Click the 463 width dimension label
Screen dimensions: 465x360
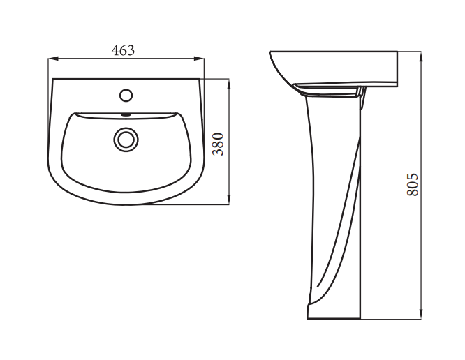(123, 50)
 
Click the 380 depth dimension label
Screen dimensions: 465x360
(219, 144)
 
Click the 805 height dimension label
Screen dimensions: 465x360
(412, 184)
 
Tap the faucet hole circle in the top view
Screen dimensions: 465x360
(126, 96)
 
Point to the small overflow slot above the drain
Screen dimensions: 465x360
(126, 114)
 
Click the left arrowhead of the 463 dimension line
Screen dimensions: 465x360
(53, 59)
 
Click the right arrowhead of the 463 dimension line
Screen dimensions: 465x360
(199, 59)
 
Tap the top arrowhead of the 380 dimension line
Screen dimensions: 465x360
(228, 84)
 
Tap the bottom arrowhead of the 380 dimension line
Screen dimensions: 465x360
(228, 200)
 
